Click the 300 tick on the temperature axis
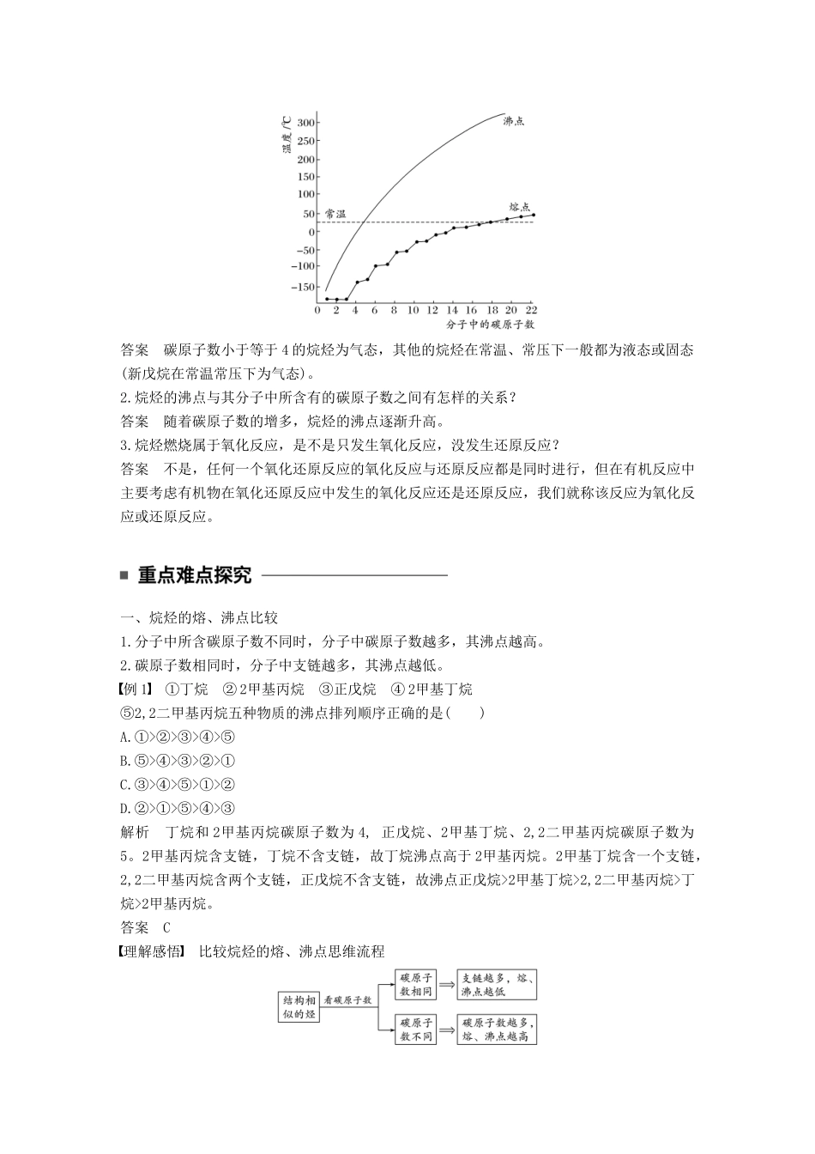[305, 123]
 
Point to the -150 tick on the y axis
[302, 286]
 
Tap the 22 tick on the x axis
[531, 310]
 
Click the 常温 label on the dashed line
[335, 214]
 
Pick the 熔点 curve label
[519, 207]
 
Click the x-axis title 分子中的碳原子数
[490, 325]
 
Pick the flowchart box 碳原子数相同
[416, 985]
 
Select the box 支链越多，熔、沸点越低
[498, 985]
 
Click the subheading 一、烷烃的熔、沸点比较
[199, 618]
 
